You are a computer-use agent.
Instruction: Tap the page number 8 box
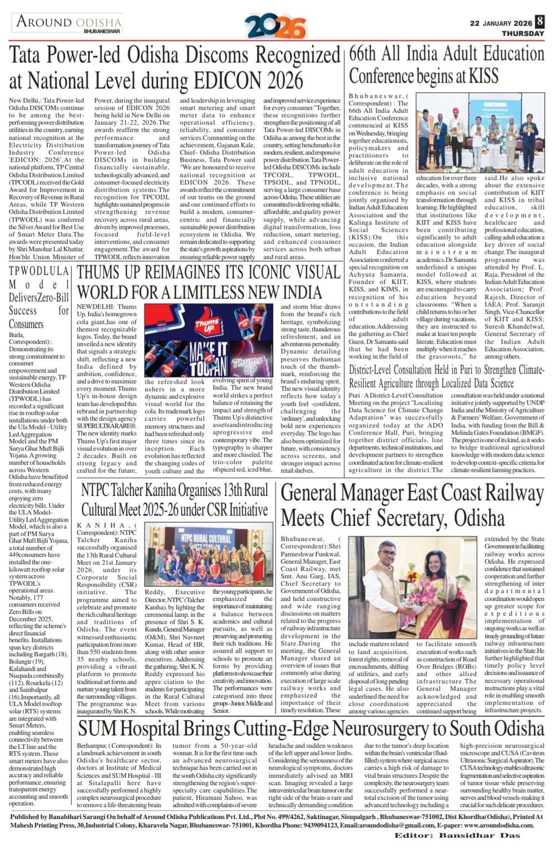point(540,21)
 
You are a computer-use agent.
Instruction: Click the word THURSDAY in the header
point(524,33)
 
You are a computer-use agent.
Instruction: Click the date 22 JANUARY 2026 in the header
point(501,23)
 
